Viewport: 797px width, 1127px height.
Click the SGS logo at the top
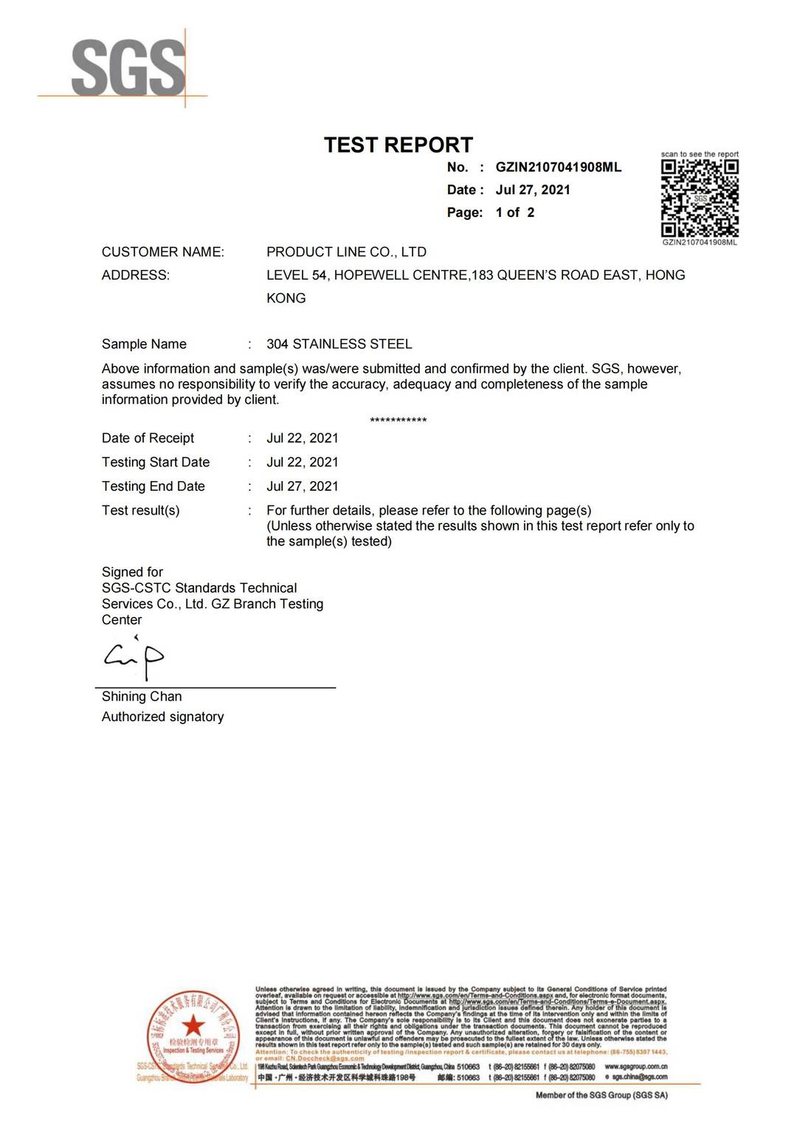[127, 68]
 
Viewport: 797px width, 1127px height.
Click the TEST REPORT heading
[398, 145]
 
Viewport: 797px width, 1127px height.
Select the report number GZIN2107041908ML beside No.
[558, 168]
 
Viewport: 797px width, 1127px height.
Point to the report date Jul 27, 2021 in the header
[533, 190]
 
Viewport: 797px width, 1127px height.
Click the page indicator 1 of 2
[515, 213]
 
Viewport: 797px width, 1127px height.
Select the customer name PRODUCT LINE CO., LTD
[346, 252]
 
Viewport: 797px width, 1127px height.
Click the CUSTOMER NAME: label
[163, 252]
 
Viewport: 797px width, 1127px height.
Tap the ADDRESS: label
[136, 275]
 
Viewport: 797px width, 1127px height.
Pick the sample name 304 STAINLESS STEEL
[339, 344]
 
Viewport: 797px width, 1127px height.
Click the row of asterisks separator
[398, 421]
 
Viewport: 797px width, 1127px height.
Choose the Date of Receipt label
[148, 438]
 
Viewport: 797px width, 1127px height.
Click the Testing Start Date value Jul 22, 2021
[302, 462]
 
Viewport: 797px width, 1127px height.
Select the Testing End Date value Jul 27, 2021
[302, 486]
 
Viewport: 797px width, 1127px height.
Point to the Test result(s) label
[140, 511]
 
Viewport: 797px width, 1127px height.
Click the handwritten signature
[134, 657]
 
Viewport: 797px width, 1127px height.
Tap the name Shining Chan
[142, 697]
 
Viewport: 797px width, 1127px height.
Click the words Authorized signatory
[162, 717]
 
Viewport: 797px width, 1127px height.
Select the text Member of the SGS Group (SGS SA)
[601, 1095]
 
